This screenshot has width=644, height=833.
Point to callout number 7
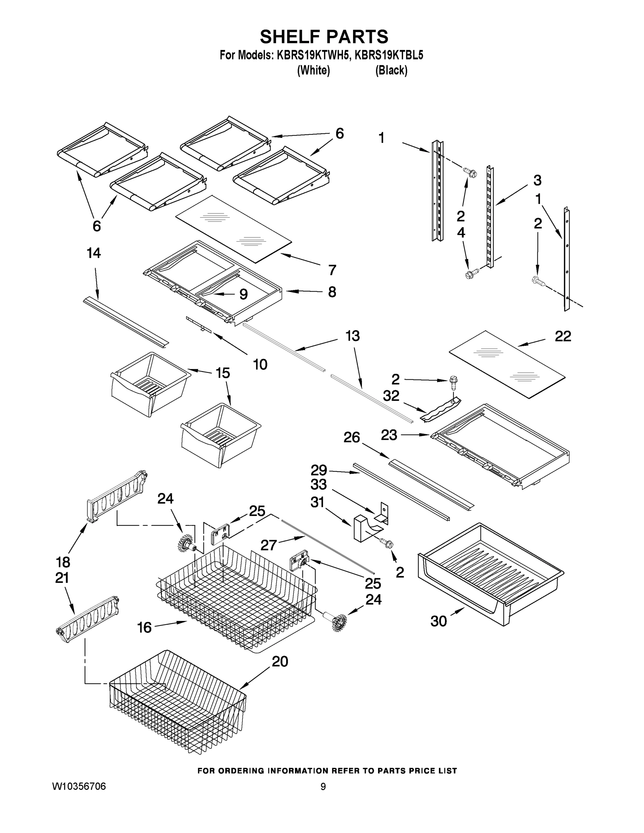click(332, 270)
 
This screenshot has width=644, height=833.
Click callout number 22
click(563, 336)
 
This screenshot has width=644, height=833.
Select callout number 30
click(438, 621)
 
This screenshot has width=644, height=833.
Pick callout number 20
click(280, 661)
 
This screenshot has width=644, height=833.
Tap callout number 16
click(144, 627)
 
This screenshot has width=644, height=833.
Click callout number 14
click(94, 253)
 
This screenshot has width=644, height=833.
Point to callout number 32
click(391, 396)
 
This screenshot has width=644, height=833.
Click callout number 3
click(537, 180)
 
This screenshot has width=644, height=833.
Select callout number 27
click(268, 545)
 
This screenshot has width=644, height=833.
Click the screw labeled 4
click(471, 274)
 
